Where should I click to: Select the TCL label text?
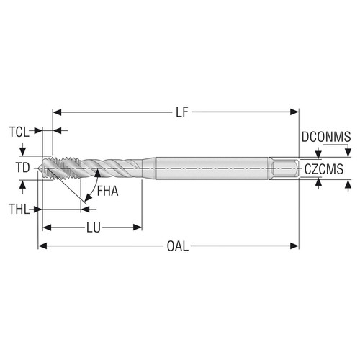click(19, 132)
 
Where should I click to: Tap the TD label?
click(22, 168)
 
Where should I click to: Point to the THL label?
click(20, 210)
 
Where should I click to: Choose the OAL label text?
click(177, 246)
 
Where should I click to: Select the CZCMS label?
click(323, 169)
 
